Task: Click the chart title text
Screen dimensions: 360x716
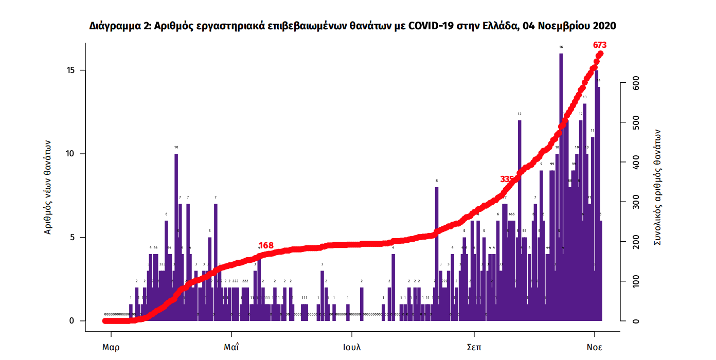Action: [x=352, y=26]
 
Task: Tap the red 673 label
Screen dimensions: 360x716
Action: [x=600, y=45]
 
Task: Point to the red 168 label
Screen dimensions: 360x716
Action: [x=266, y=246]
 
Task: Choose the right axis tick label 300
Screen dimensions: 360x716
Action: [x=636, y=203]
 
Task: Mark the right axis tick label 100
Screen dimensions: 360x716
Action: [x=636, y=282]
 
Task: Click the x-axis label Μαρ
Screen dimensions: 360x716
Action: [x=111, y=347]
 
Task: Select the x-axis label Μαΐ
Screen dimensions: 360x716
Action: [x=231, y=347]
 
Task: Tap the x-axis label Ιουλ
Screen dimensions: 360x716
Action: [x=352, y=347]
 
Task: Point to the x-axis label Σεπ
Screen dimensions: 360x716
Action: [x=474, y=347]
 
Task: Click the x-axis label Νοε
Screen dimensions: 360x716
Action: [x=595, y=347]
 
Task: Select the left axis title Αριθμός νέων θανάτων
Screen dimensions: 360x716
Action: [x=48, y=187]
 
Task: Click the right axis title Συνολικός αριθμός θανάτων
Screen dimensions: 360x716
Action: [x=657, y=187]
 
